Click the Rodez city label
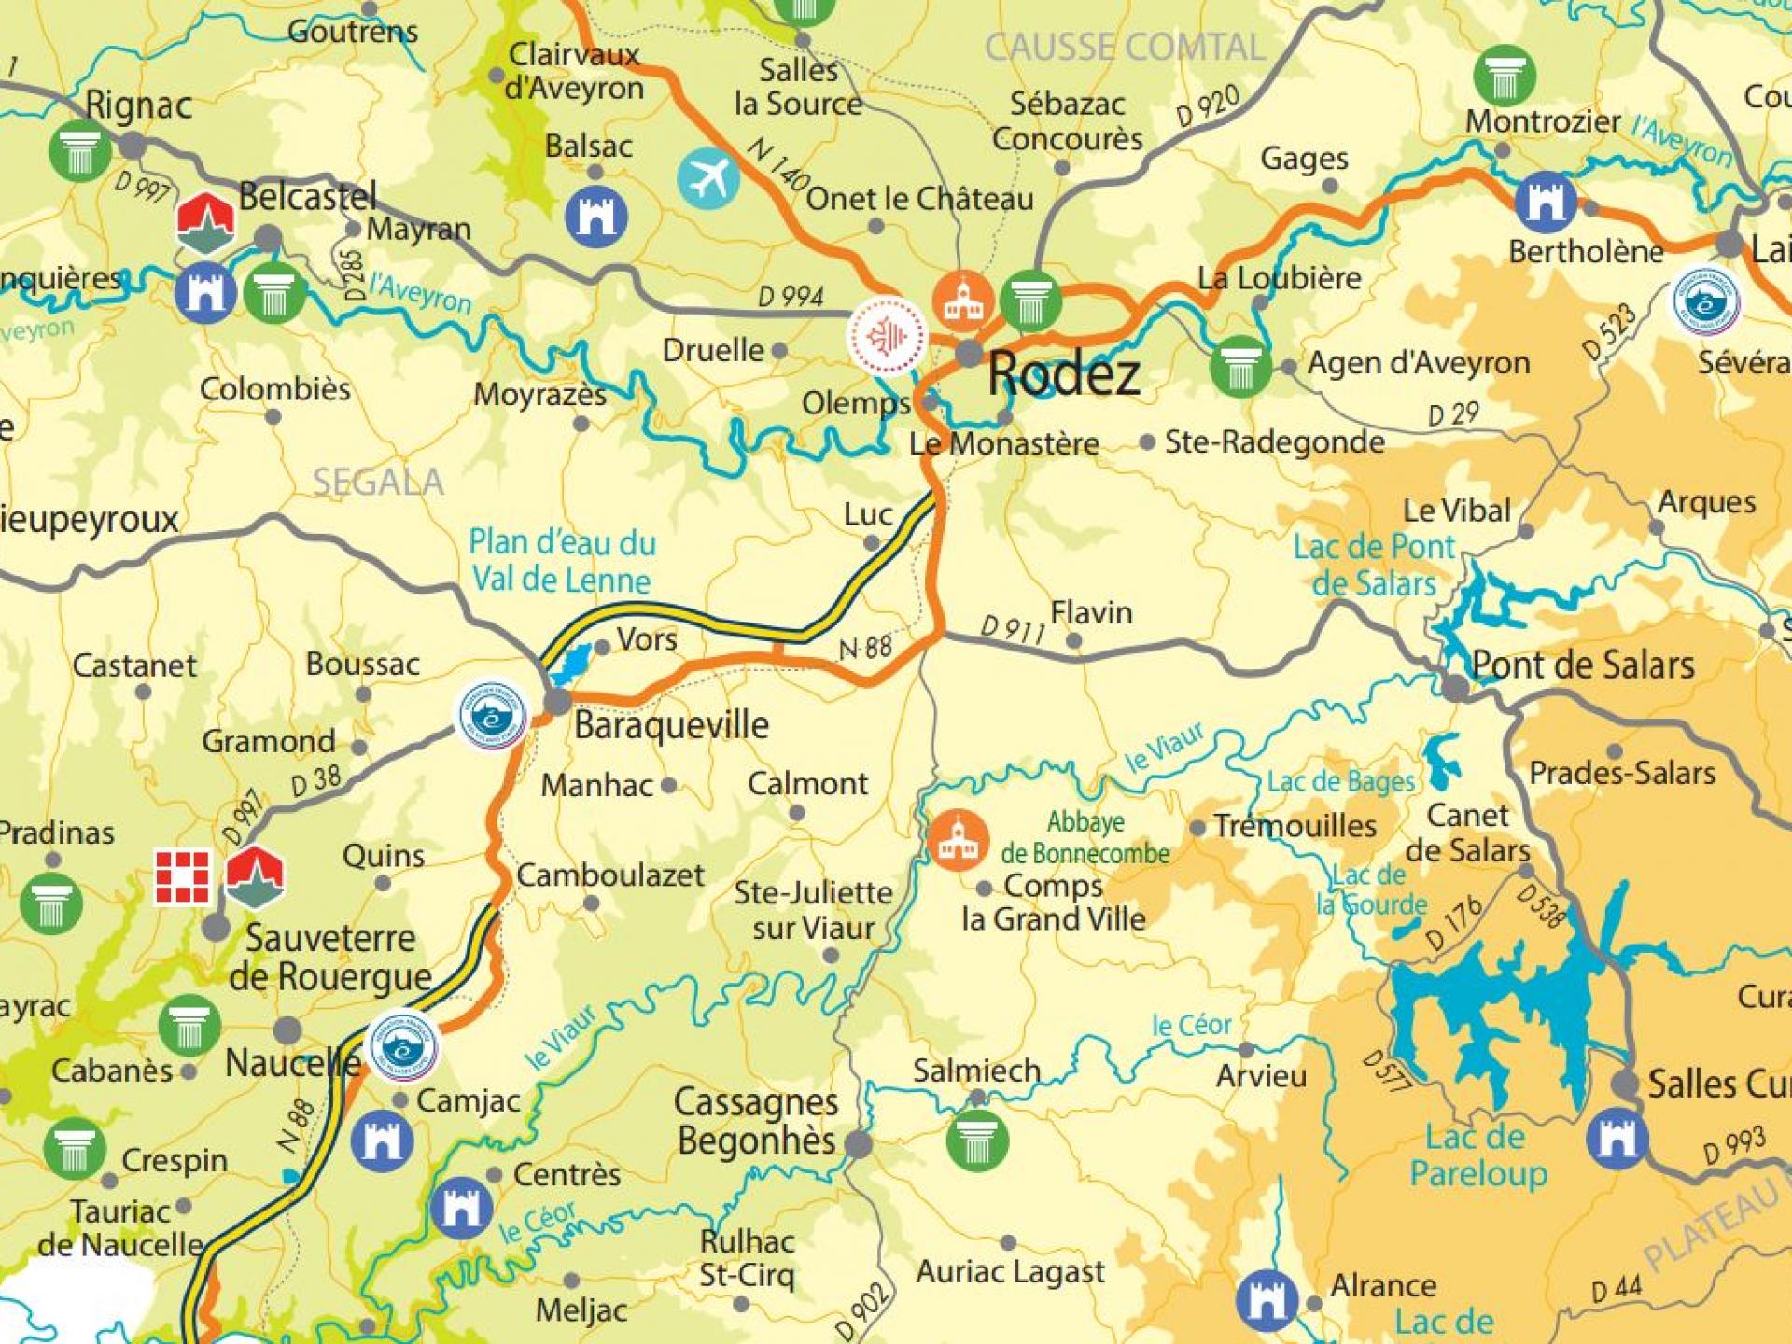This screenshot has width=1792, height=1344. pos(1064,374)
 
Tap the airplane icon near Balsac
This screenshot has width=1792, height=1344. pos(708,179)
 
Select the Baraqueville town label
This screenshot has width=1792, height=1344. pos(671,725)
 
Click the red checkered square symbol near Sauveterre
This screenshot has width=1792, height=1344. pos(182,876)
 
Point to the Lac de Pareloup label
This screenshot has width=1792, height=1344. pos(1477,1155)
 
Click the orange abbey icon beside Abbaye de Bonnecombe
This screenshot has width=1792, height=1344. pos(958,840)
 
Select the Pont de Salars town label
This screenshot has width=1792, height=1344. pos(1583,665)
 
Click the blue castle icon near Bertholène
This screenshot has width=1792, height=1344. pos(1546,203)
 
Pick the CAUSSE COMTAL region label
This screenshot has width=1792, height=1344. pos(1125,48)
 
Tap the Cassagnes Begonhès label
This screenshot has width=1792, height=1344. pos(756,1121)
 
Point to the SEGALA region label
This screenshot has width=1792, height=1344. pos(378,482)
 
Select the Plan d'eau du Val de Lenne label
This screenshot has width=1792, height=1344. pos(562,561)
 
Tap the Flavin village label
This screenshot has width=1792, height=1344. pos(1091,613)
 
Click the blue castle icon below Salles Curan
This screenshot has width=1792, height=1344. pos(1617,1139)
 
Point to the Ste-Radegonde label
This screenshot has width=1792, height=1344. pos(1274,441)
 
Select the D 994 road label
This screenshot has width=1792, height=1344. pos(791,297)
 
